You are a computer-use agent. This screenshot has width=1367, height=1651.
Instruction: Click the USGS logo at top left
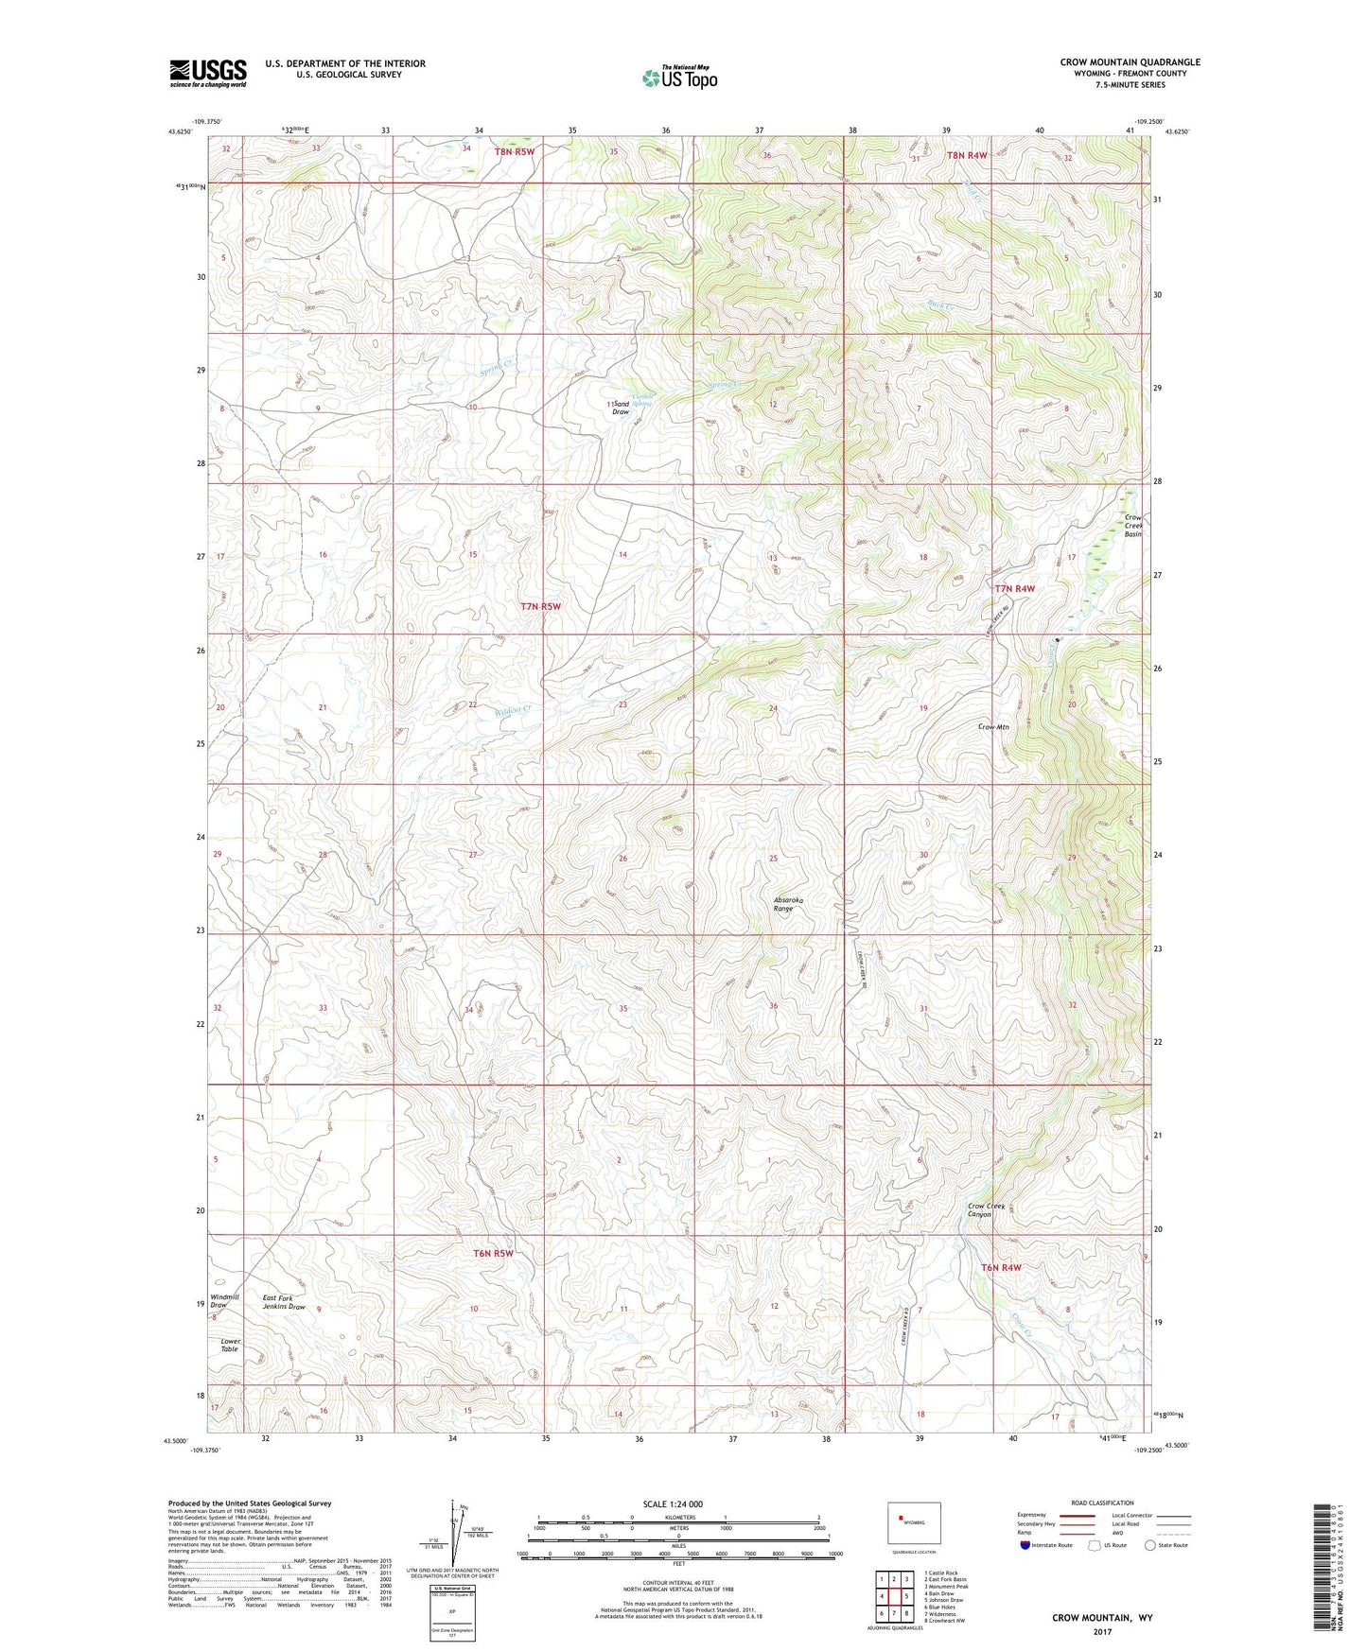[208, 73]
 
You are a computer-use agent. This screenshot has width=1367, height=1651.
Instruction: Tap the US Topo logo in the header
[678, 78]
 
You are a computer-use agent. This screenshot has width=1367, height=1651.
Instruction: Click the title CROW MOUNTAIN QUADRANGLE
[1130, 62]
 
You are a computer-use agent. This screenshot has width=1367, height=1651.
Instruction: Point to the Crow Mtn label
[993, 727]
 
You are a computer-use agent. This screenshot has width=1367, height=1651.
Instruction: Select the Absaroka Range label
[783, 904]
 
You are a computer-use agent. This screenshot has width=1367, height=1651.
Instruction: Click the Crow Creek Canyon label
[985, 1209]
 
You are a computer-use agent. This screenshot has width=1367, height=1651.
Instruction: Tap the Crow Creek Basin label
[1133, 526]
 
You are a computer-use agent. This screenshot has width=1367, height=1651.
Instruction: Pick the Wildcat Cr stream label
[514, 709]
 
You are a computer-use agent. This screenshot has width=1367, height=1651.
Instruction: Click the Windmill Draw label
[225, 1302]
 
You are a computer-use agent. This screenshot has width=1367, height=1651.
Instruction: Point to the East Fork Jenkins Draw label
[284, 1302]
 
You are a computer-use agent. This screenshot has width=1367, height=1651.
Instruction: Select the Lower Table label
[230, 1345]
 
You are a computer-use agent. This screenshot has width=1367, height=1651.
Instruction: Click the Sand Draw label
[622, 408]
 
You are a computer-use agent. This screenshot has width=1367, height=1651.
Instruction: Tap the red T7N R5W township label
[540, 606]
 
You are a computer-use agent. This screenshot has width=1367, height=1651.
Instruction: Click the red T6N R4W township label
[1001, 1267]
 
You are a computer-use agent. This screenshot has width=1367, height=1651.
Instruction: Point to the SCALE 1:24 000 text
[672, 1503]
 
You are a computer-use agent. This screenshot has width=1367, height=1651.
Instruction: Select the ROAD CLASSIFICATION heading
[1102, 1503]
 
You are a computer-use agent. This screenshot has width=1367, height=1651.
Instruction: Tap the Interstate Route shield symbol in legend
[1025, 1545]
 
